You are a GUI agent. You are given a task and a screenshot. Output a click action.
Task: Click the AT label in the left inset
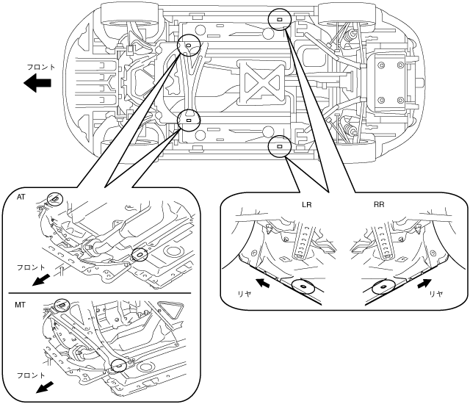[21, 197]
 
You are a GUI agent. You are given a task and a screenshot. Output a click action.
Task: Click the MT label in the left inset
[20, 305]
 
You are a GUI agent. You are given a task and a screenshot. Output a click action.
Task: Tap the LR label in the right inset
[306, 205]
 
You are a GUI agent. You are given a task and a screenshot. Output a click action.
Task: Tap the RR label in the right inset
[379, 205]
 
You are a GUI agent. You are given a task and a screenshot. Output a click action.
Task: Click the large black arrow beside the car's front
[37, 82]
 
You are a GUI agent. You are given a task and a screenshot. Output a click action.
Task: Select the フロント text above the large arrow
[41, 67]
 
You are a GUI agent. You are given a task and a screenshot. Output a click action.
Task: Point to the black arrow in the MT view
[44, 386]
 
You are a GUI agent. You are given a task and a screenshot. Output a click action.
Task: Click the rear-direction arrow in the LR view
[262, 283]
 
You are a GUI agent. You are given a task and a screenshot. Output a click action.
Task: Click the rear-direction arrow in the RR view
[424, 284]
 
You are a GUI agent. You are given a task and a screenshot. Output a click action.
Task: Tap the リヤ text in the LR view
[244, 294]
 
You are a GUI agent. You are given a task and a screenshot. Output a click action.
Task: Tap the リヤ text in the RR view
[435, 294]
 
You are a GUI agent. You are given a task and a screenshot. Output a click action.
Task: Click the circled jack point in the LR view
[303, 286]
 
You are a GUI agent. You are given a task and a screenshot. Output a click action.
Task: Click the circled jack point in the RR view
[383, 286]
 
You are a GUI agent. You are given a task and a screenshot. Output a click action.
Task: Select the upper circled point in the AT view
[55, 199]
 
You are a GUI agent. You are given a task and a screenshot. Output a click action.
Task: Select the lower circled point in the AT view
[140, 254]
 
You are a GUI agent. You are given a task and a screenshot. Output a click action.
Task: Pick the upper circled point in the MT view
[62, 306]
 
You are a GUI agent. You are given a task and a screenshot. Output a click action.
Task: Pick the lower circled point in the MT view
[119, 365]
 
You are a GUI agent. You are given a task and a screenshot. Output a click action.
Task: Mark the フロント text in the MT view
[31, 375]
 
